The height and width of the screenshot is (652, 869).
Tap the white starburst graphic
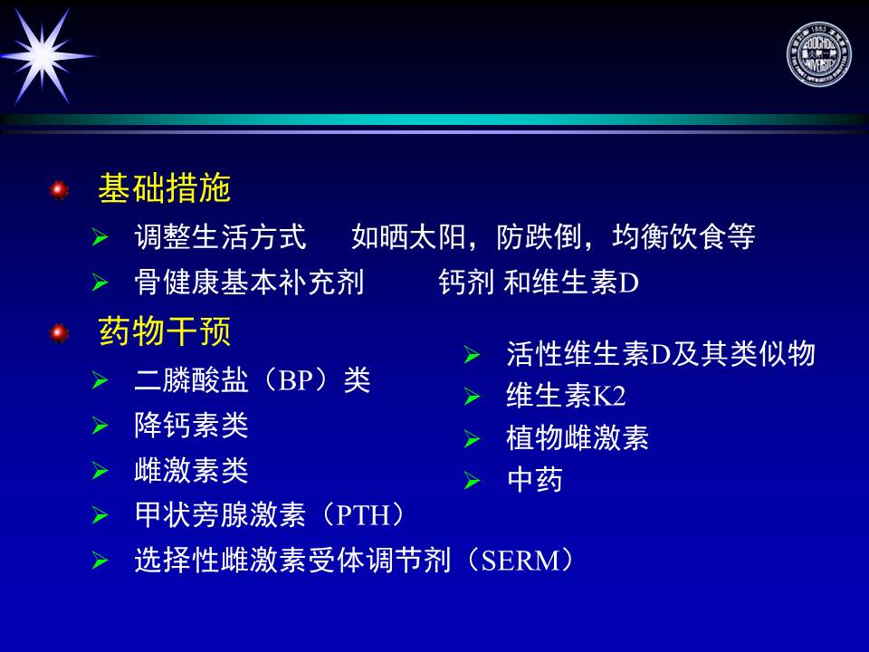(44, 56)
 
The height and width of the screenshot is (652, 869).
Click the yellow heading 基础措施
(164, 188)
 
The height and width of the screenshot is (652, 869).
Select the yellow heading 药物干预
(164, 331)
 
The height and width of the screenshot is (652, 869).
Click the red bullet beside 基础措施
(59, 190)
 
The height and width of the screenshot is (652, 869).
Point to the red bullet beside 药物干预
(59, 334)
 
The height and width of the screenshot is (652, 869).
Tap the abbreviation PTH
(364, 515)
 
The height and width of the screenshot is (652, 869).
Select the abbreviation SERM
(521, 561)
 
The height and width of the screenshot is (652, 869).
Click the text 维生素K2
(566, 396)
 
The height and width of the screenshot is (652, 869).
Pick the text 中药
(535, 480)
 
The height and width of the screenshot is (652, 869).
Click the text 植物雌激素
(578, 438)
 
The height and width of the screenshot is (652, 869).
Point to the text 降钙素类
(191, 426)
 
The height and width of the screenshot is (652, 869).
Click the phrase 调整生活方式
(220, 236)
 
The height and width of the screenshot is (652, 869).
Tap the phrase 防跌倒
(538, 236)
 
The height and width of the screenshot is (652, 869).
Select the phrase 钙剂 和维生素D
(539, 283)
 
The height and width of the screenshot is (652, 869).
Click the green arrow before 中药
(472, 481)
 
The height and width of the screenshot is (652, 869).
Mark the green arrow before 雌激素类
(100, 471)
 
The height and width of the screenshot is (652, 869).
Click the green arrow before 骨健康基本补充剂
(100, 283)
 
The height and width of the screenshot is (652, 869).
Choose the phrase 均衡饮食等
(683, 236)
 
